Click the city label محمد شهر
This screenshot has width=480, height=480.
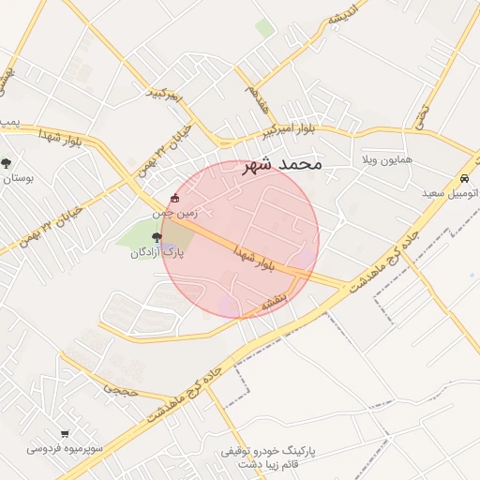(281, 164)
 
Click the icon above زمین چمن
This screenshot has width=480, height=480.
(175, 199)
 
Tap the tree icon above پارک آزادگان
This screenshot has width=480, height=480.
(156, 238)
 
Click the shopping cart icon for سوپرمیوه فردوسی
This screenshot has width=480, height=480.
(65, 433)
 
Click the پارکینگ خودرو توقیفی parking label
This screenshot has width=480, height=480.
(268, 451)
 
